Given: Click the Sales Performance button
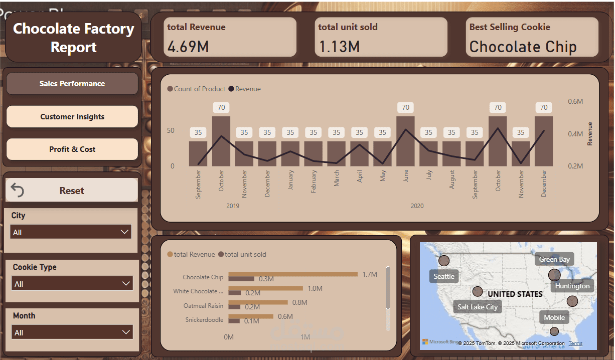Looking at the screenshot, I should point(72,84).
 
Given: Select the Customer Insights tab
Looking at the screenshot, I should point(72,117).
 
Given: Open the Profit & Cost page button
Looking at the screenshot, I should point(72,149).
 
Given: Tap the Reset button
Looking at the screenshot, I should point(72,191).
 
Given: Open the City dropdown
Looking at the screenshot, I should point(71,232).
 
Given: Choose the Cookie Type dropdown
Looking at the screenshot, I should point(72,284).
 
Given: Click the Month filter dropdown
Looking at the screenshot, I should point(72,332).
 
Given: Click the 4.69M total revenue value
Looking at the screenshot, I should point(188,47).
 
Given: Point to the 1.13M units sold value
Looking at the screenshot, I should point(340,47).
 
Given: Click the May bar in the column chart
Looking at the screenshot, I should point(382,153).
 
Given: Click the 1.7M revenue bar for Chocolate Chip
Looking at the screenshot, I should point(293,274).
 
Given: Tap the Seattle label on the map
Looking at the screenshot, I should point(444,276).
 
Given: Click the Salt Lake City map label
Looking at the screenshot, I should point(478,307).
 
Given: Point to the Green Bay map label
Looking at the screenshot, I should point(554,259).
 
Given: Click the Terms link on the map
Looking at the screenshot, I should point(575,343).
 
